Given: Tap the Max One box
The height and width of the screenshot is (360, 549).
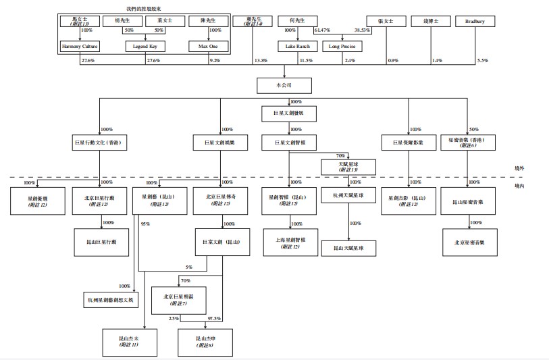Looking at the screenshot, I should [208, 47].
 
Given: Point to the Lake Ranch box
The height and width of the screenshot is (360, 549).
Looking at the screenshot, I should [293, 47].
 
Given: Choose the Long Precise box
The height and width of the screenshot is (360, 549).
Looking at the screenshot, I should [342, 47].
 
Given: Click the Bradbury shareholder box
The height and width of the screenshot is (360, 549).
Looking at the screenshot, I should [475, 22].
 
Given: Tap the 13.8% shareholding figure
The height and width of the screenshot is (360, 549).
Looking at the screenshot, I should [261, 61].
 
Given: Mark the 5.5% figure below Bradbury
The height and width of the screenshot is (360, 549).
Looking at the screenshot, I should [482, 61].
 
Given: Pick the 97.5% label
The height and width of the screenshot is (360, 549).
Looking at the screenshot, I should [214, 318].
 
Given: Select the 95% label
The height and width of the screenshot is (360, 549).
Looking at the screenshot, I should [145, 224].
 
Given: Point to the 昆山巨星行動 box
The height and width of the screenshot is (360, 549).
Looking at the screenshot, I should [101, 241].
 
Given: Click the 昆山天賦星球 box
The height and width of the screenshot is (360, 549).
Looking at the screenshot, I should [348, 249].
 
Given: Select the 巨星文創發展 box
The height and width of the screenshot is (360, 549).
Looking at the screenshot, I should [288, 114].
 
